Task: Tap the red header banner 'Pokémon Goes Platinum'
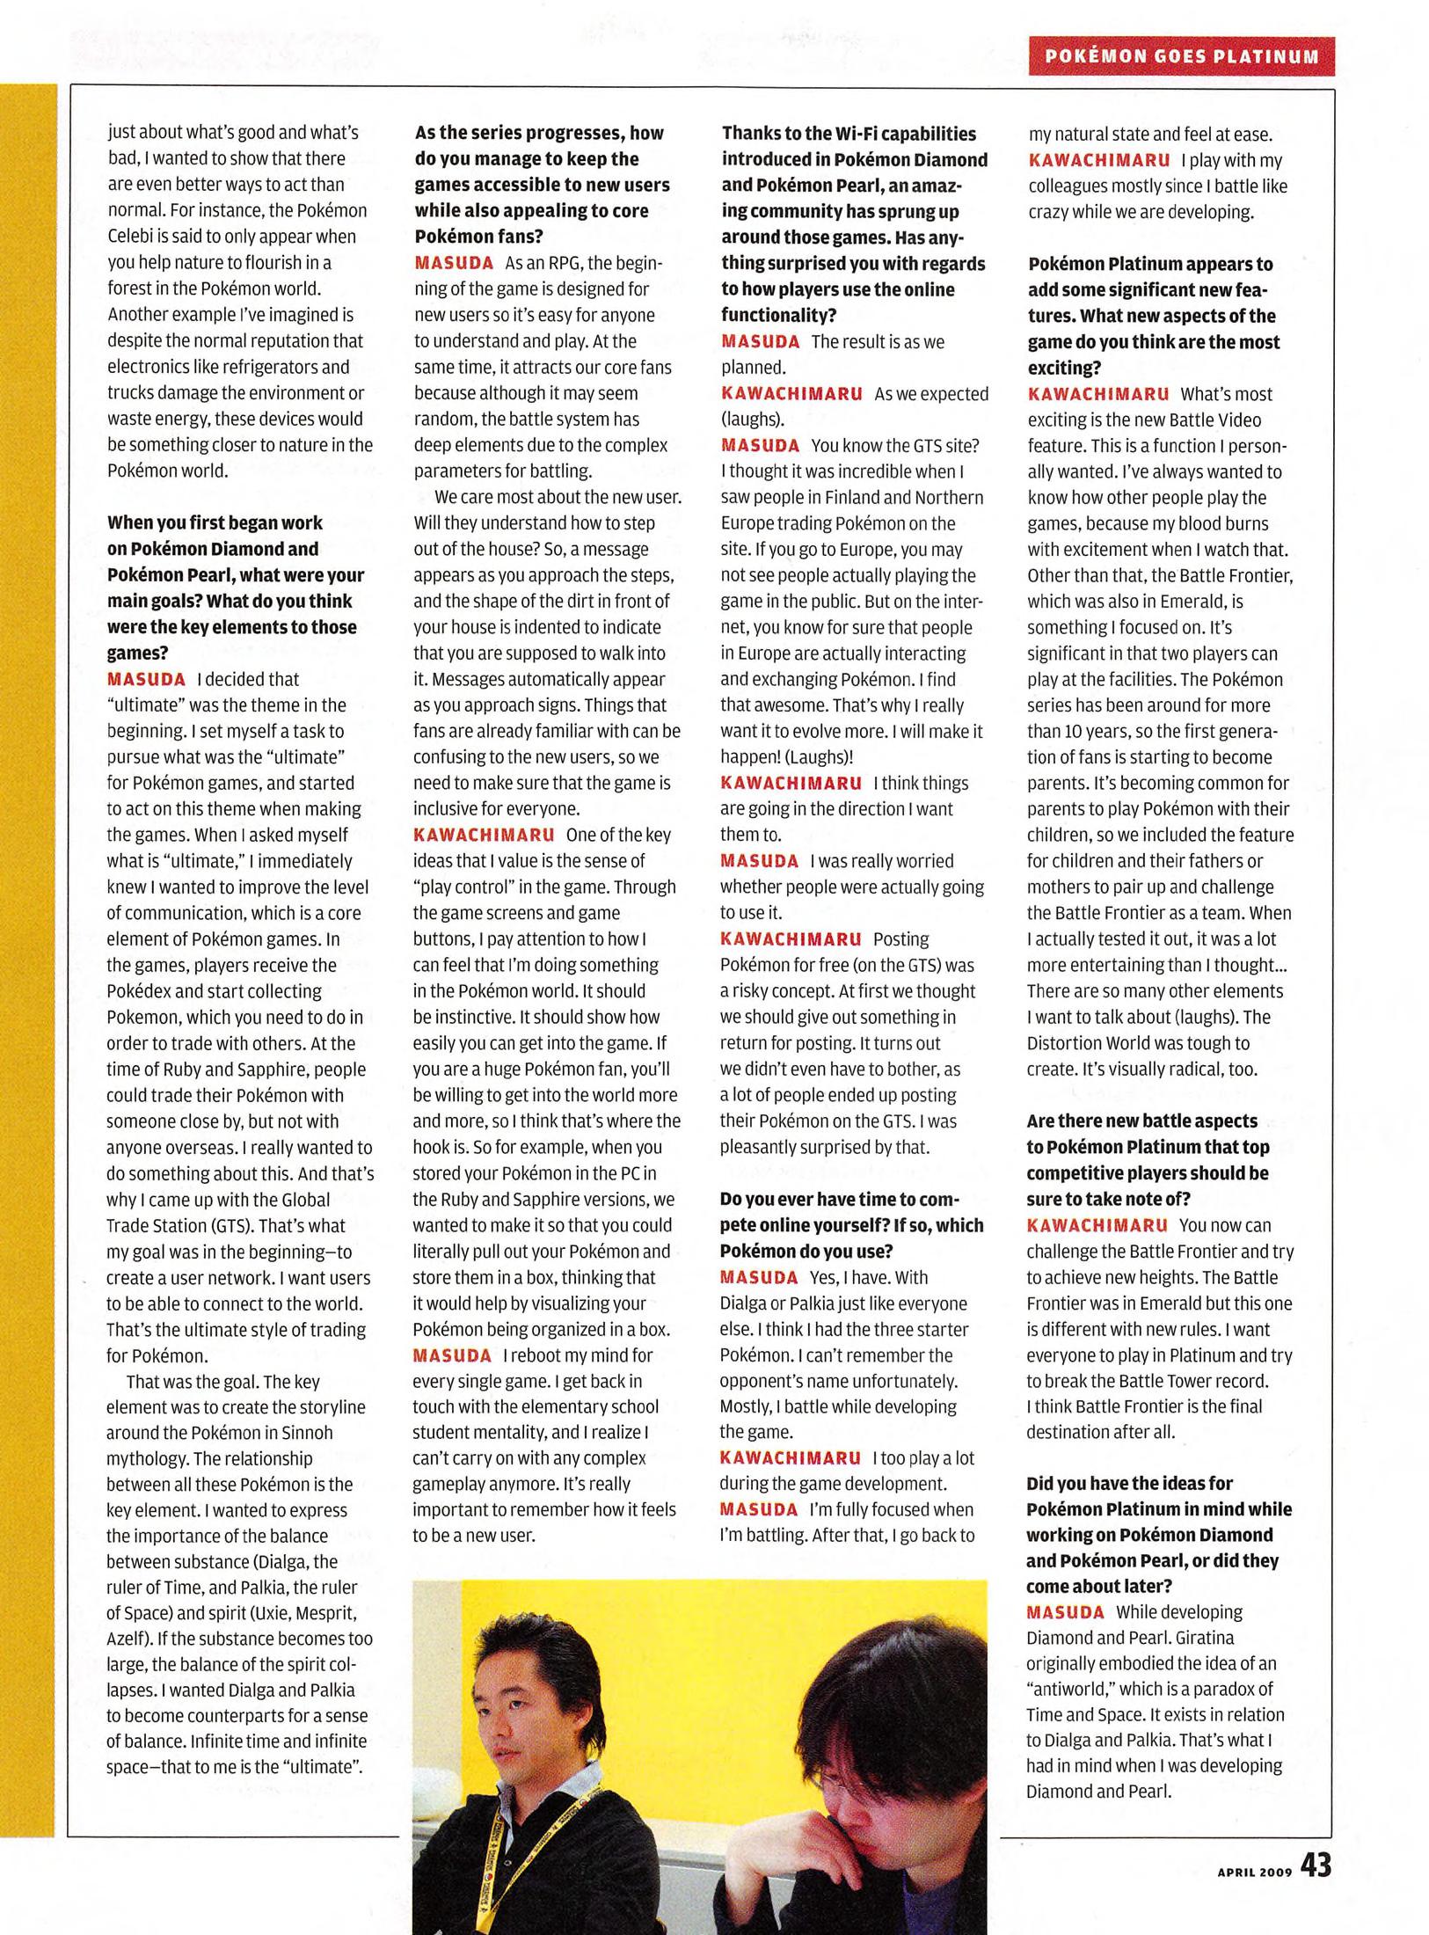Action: pyautogui.click(x=1181, y=56)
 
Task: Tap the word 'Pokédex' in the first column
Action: pyautogui.click(x=136, y=991)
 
